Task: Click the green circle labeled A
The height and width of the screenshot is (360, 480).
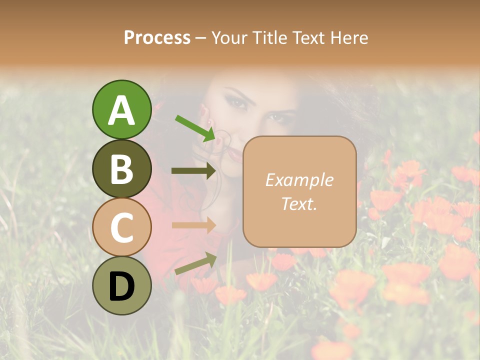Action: tap(121, 109)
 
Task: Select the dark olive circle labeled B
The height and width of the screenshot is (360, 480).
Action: tap(121, 168)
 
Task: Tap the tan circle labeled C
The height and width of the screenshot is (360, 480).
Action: tap(121, 227)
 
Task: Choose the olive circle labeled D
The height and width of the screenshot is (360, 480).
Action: tap(121, 285)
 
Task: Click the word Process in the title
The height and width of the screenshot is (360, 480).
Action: tap(157, 37)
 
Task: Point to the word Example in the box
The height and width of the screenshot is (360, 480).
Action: tap(299, 180)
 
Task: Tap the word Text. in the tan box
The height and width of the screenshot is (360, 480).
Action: tap(299, 203)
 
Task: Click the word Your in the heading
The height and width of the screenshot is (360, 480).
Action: tap(229, 37)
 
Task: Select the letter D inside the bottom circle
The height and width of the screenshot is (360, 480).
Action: tap(121, 286)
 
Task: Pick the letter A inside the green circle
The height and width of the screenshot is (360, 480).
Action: tap(121, 110)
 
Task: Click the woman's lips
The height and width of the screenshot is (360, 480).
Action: tap(234, 154)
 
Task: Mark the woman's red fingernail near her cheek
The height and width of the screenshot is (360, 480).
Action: tap(202, 110)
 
